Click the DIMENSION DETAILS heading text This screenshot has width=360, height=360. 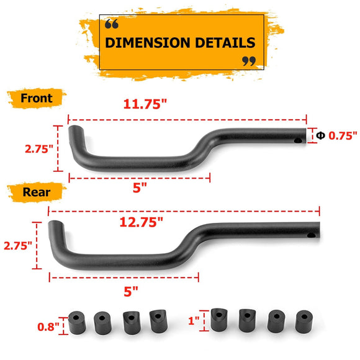pos(180,43)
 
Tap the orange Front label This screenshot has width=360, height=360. pos(37,98)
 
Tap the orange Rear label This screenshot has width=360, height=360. pos(37,192)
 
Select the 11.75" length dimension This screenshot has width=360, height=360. pos(145,104)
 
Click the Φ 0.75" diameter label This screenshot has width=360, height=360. pos(336,135)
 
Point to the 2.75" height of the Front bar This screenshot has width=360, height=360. pos(37,149)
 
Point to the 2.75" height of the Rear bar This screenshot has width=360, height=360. pos(18,245)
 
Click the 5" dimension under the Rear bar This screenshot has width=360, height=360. pos(131,289)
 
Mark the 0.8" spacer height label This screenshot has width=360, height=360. pos(48,325)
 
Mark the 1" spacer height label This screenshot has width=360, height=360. pos(194,321)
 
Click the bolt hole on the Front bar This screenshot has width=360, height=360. pos(298,141)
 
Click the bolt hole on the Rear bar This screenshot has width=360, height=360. pos(312,235)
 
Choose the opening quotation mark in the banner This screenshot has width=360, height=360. pos(112,24)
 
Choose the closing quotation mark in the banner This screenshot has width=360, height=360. pos(248,61)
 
